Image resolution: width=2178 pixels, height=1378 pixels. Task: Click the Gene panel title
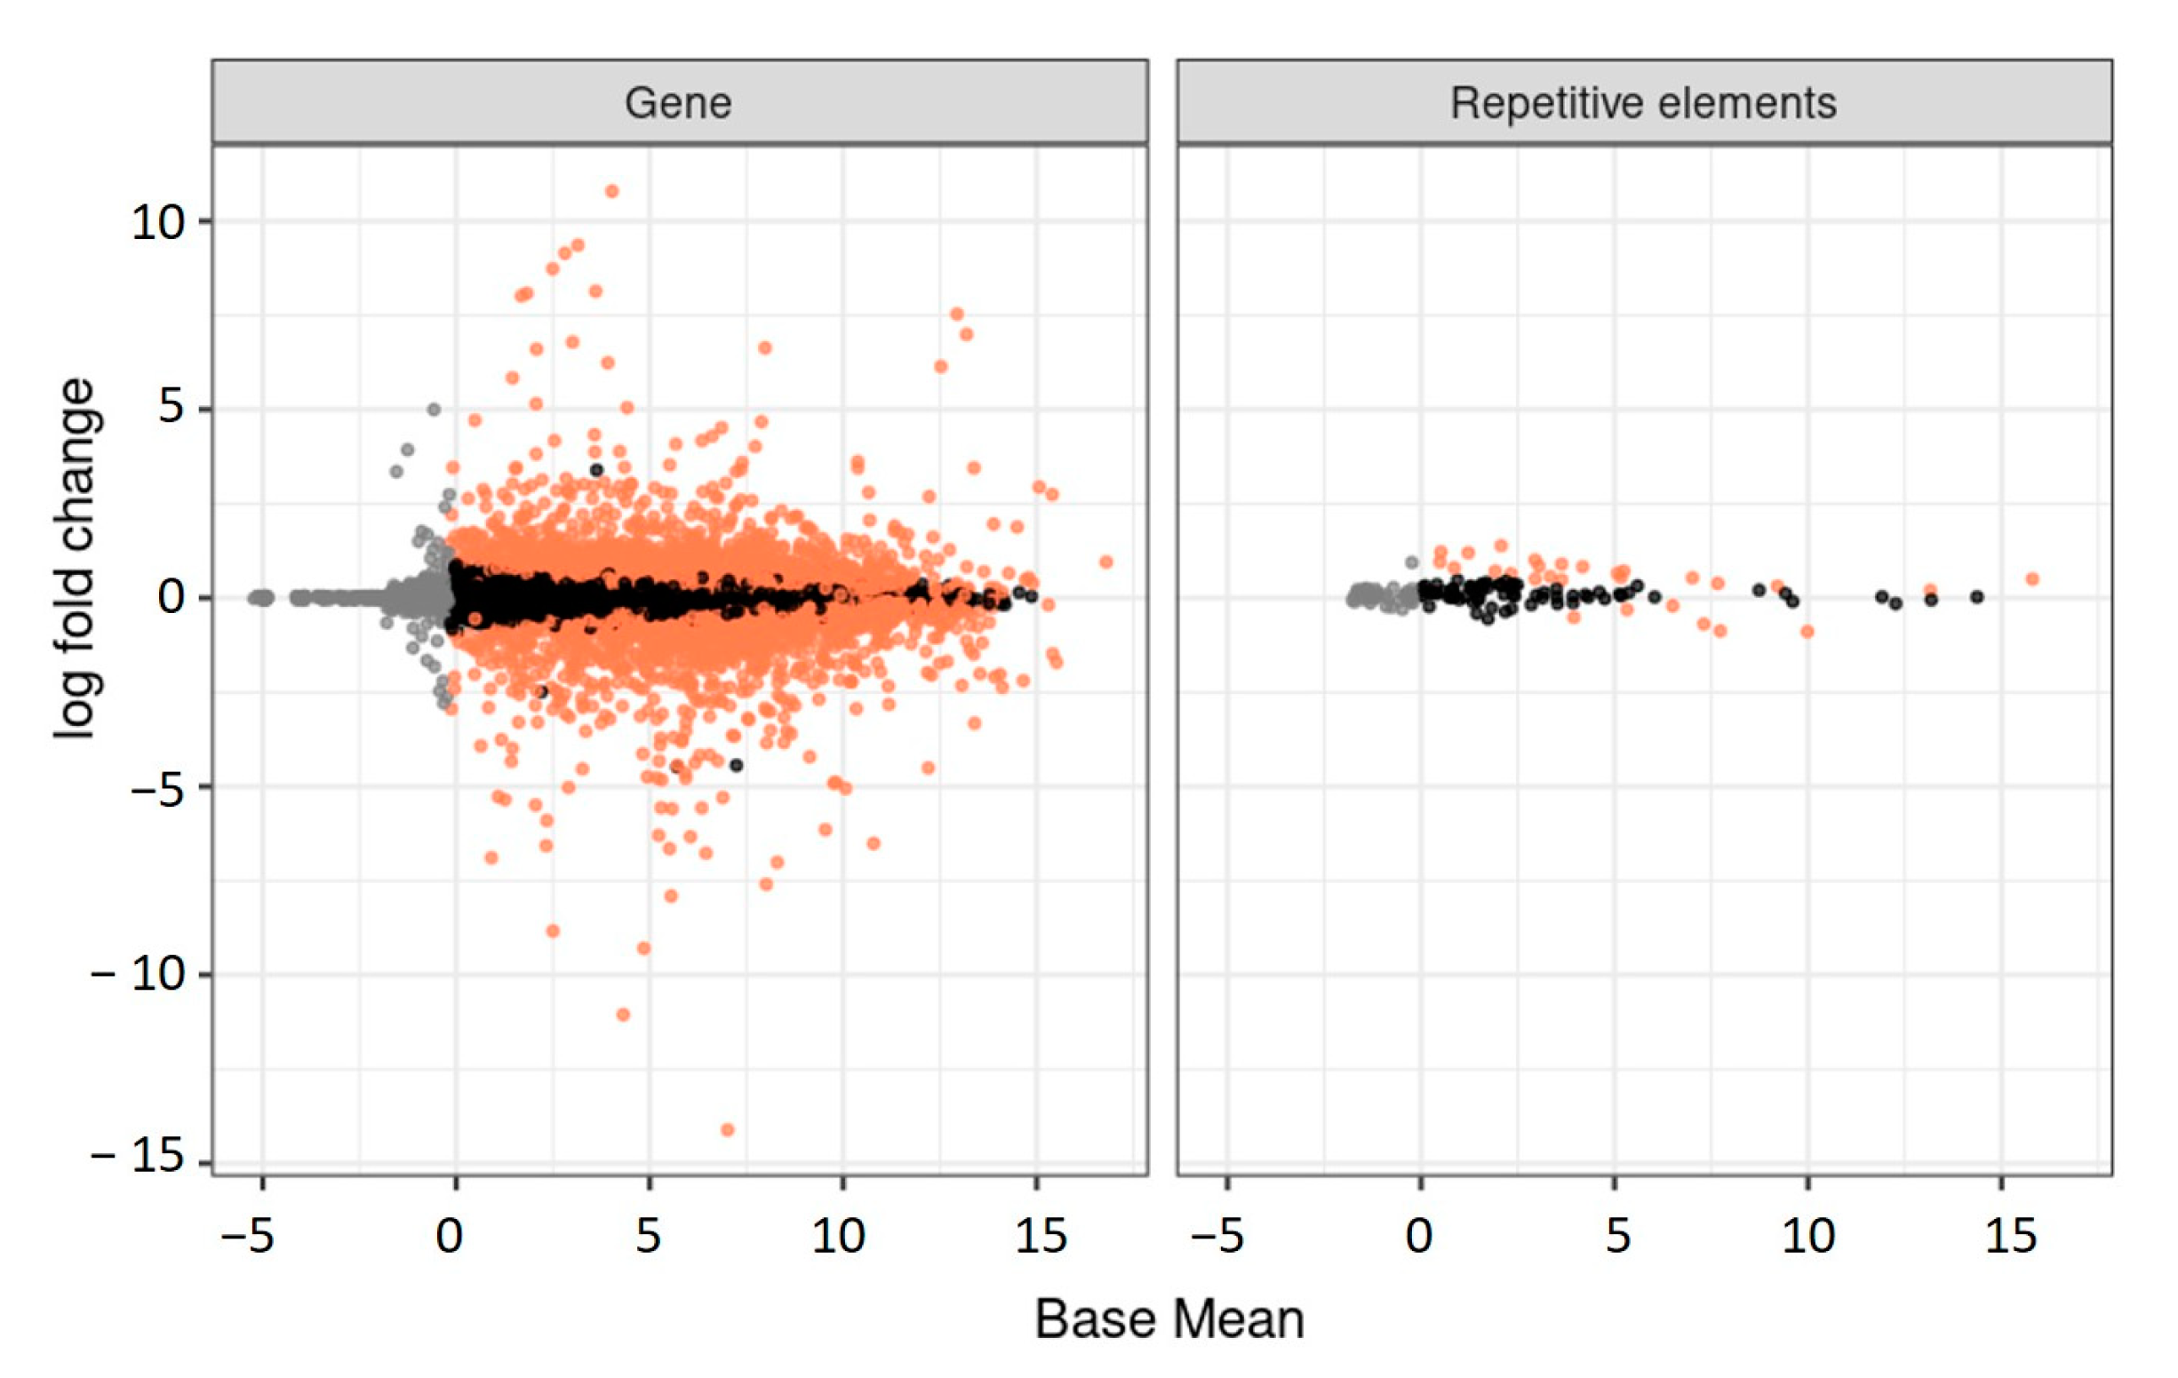tap(678, 102)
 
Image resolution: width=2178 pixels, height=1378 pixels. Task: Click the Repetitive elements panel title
tap(1643, 102)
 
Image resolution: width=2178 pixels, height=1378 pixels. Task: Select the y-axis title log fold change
tap(74, 558)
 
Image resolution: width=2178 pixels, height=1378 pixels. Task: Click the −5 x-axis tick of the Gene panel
tap(248, 1236)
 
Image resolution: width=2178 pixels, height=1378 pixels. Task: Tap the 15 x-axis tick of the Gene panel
tap(1041, 1236)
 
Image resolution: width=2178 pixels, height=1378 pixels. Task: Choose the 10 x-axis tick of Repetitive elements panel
tap(1808, 1236)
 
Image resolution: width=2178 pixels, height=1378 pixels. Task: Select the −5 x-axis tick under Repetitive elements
tap(1217, 1236)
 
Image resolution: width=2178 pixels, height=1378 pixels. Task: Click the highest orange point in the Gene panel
tap(611, 191)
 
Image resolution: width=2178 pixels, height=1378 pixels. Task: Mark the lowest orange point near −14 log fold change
tap(727, 1129)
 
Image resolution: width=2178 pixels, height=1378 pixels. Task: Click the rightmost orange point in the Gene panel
tap(1105, 562)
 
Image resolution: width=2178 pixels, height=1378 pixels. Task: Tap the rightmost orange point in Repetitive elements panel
tap(2032, 578)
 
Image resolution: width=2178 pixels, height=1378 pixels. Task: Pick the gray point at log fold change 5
tap(434, 410)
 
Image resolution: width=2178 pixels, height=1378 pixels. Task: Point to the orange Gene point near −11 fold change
tap(622, 1015)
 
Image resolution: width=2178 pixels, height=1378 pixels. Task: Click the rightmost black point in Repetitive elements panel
tap(1977, 597)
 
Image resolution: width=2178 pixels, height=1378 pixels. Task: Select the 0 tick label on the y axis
tap(171, 597)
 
